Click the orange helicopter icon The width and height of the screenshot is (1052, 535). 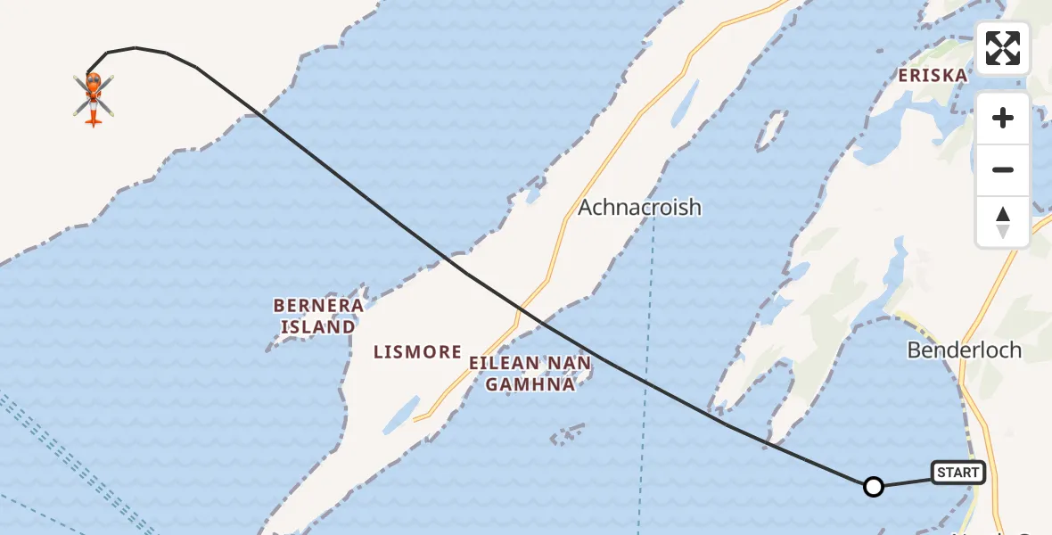[x=94, y=97]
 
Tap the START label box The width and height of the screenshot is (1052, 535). [x=957, y=473]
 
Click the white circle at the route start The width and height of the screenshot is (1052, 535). [x=874, y=486]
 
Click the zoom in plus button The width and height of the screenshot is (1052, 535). [x=1003, y=118]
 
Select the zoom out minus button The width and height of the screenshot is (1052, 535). [x=1003, y=169]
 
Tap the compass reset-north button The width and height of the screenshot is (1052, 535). [x=1003, y=221]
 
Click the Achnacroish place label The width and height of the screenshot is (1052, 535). [x=639, y=208]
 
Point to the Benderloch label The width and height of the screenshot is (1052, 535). [x=964, y=350]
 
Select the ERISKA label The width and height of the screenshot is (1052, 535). [x=933, y=76]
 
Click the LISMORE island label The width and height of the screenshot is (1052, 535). [x=417, y=352]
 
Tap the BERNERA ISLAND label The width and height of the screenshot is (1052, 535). [x=318, y=317]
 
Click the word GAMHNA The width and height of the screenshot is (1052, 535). [x=530, y=384]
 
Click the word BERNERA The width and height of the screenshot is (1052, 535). [x=318, y=306]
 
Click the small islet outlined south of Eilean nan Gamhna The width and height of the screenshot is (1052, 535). [x=567, y=436]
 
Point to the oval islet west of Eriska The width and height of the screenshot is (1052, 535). [x=771, y=129]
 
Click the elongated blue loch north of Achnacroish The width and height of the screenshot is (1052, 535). [x=682, y=103]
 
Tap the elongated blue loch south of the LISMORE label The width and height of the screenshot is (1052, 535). [x=404, y=410]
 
